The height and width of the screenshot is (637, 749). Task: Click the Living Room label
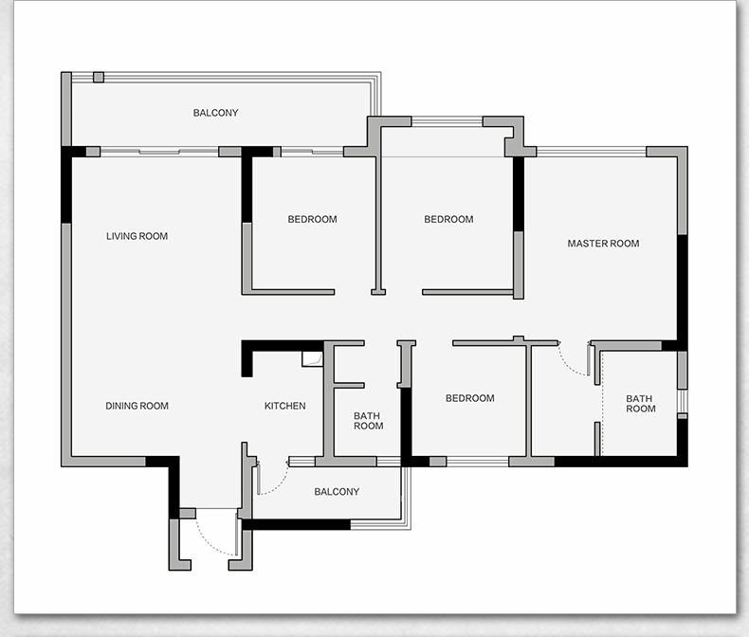click(137, 236)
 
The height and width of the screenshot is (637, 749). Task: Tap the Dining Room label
click(137, 406)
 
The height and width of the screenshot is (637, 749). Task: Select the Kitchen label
click(284, 406)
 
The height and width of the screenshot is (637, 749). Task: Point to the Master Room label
click(603, 244)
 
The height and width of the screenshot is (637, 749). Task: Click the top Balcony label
click(215, 113)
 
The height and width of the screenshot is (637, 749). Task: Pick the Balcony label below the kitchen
click(337, 492)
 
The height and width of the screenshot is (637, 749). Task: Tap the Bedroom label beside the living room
click(313, 219)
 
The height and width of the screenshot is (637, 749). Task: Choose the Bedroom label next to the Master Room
click(449, 219)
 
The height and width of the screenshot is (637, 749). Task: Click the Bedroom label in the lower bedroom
click(470, 398)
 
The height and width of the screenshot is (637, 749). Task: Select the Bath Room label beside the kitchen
click(368, 421)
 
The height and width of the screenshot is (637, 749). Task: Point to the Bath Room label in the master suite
click(641, 404)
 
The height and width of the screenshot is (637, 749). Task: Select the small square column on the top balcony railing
click(99, 78)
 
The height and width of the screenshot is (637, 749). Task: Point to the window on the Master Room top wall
click(592, 152)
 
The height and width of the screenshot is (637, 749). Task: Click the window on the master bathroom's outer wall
click(683, 401)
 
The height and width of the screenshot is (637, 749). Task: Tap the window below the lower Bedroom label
click(478, 462)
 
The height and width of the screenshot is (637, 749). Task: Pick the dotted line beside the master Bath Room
click(602, 404)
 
